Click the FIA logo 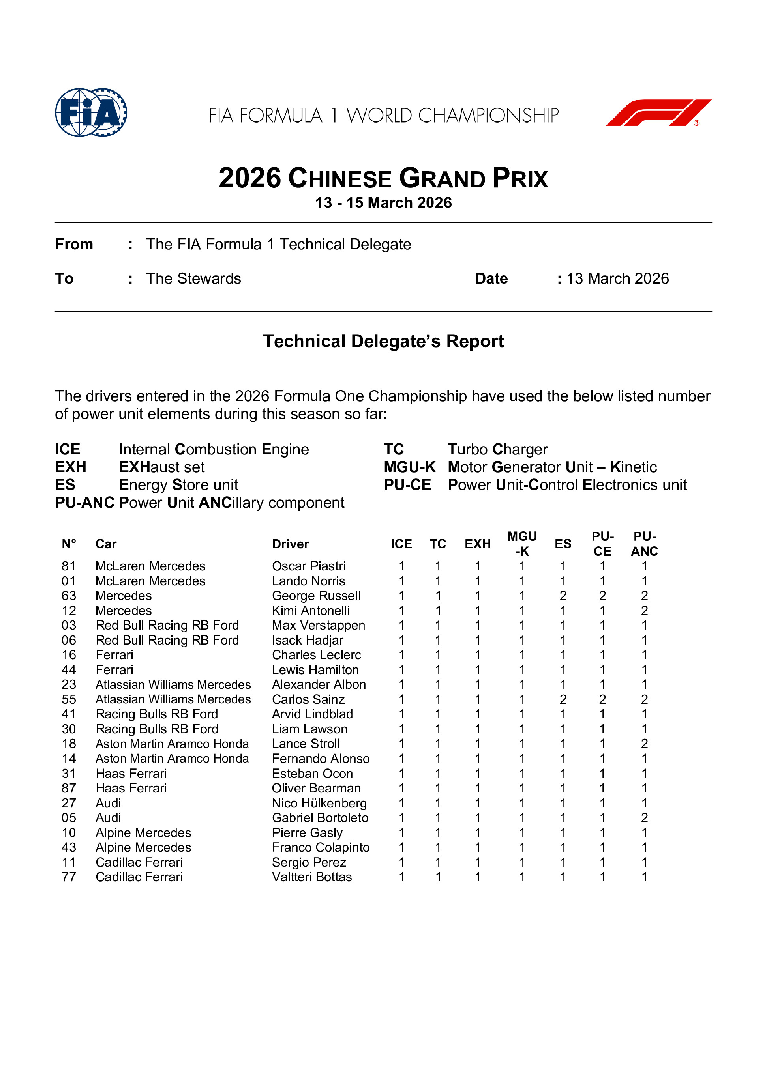click(91, 112)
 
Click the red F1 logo click(658, 112)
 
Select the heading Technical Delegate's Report click(383, 341)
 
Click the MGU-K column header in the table click(522, 544)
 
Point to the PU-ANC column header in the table click(644, 544)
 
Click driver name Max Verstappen click(318, 625)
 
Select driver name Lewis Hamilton click(315, 669)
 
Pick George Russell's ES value click(563, 596)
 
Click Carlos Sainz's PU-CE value click(602, 699)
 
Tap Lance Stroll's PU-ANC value click(644, 744)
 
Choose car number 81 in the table click(69, 566)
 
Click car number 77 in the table click(69, 877)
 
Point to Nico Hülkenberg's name click(319, 803)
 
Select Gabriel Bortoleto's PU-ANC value click(644, 818)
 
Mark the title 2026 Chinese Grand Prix click(383, 178)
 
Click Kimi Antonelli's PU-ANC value click(644, 611)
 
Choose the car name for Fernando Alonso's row click(172, 758)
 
